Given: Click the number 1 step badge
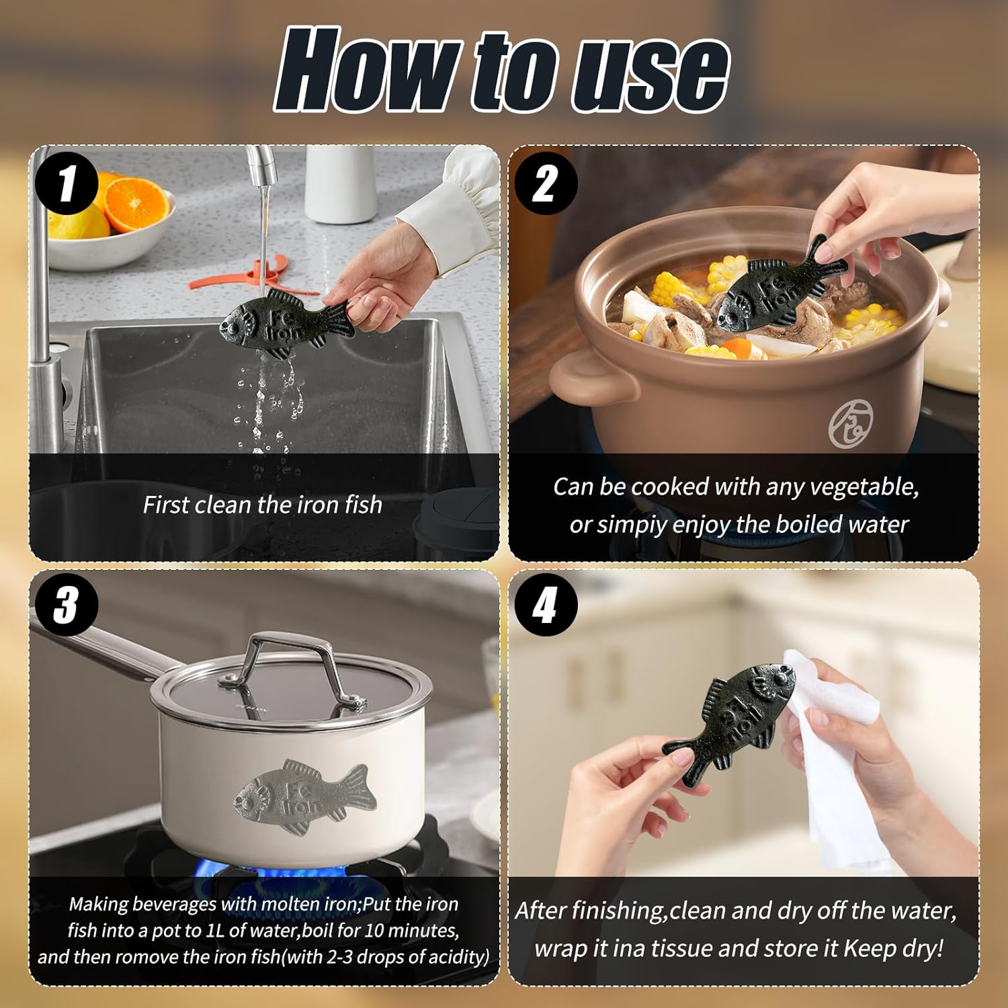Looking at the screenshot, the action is coord(67,182).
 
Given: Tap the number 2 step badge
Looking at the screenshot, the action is coord(546,182).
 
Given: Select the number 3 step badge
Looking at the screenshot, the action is coord(67,605).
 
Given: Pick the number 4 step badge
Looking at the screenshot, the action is coord(546,605).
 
